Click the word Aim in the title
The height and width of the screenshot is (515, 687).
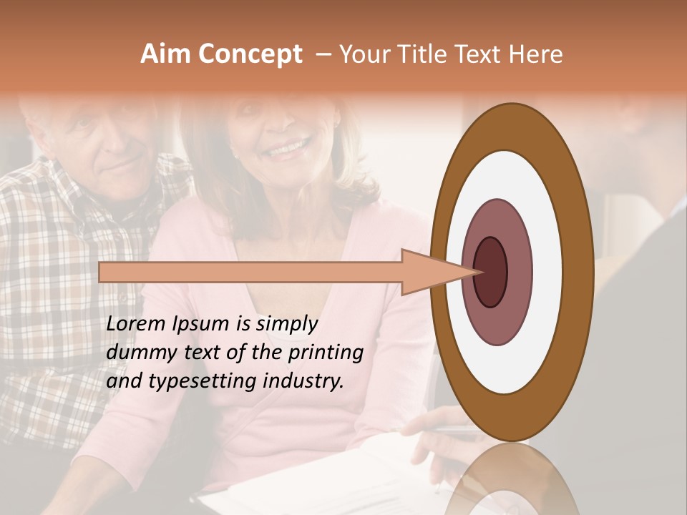[x=165, y=54]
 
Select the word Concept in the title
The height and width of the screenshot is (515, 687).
[x=250, y=55]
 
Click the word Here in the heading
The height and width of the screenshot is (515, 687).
[x=536, y=54]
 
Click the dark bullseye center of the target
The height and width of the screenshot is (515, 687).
[x=490, y=272]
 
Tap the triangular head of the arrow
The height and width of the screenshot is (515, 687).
[x=429, y=272]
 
